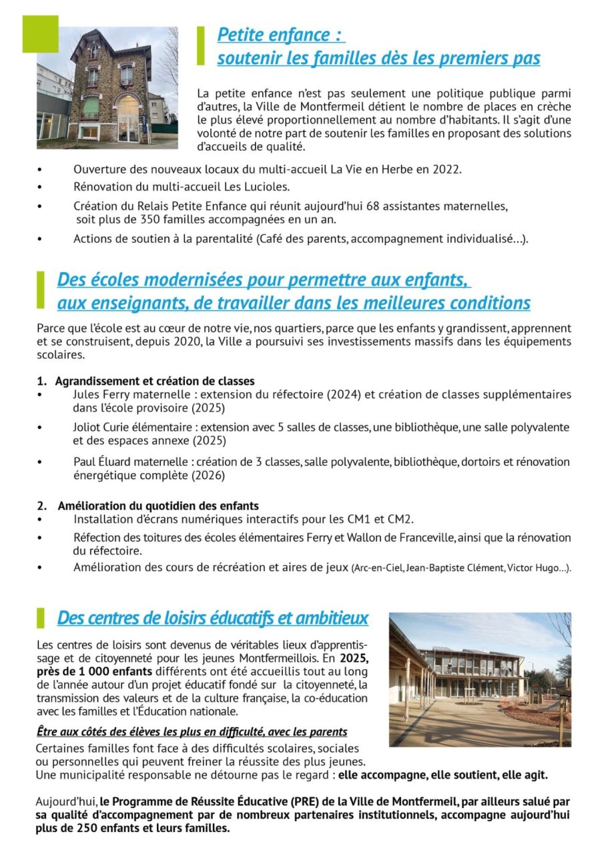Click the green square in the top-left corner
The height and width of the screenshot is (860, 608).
tap(41, 34)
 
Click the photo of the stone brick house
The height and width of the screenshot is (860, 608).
tap(107, 87)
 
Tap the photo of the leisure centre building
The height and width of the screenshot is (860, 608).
tap(480, 679)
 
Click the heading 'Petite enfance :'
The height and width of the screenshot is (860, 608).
tap(281, 35)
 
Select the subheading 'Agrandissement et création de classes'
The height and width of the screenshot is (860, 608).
tap(154, 382)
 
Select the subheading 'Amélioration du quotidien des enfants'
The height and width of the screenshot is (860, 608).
tap(158, 506)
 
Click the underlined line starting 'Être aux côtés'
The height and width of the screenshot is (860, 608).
tap(191, 732)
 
